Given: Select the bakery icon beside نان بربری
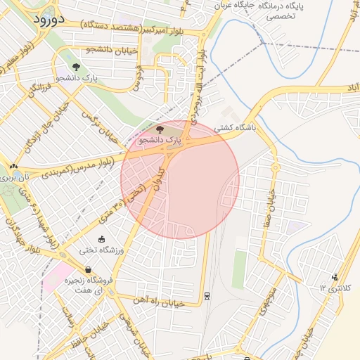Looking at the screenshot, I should (x=14, y=167).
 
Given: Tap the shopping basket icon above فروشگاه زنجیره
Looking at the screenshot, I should (x=88, y=269).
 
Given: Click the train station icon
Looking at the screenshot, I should (x=207, y=295).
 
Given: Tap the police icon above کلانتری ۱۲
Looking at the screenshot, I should (x=334, y=276).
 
